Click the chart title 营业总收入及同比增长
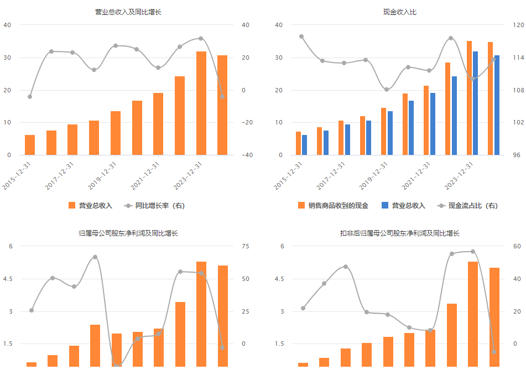[128, 12]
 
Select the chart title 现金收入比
[399, 12]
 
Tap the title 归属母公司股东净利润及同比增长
[128, 233]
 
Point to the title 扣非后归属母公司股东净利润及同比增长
[399, 233]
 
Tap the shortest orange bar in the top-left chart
[30, 145]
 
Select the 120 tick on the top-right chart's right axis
[518, 25]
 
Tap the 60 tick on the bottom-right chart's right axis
[517, 246]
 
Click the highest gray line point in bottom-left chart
[95, 257]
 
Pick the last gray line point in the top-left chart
[222, 96]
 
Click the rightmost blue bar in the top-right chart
[497, 105]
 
